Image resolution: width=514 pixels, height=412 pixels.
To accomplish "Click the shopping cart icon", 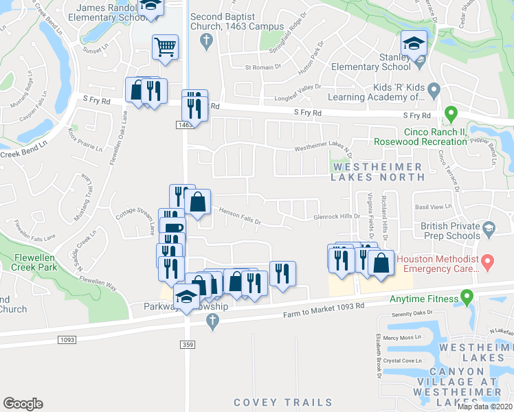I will [165, 47].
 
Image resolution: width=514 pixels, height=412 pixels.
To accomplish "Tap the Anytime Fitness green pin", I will [467, 298].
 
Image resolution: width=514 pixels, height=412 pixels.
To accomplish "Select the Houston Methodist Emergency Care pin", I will [488, 261].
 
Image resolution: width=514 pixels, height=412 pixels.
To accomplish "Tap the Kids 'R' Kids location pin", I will [434, 89].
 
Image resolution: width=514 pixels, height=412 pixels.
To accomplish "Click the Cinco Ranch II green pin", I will [451, 113].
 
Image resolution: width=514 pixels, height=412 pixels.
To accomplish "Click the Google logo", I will [22, 404].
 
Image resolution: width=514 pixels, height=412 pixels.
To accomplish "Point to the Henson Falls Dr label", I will [240, 216].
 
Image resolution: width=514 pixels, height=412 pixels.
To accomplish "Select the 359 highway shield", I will [187, 343].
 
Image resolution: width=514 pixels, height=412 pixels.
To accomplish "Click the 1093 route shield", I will [67, 339].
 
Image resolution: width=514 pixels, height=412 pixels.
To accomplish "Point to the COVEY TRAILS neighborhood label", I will [282, 402].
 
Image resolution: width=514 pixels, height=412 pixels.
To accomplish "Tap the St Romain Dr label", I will [263, 67].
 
